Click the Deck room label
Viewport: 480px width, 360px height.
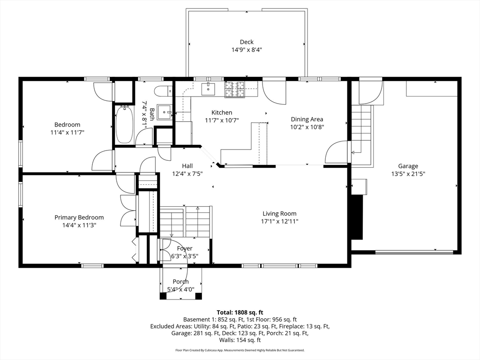pyautogui.click(x=247, y=42)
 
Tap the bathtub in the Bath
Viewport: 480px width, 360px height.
pyautogui.click(x=124, y=124)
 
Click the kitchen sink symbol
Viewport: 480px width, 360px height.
pyautogui.click(x=208, y=88)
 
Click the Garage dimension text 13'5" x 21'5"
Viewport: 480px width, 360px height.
pyautogui.click(x=408, y=174)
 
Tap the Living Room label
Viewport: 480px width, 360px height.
pyautogui.click(x=279, y=214)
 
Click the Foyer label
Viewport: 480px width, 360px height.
pyautogui.click(x=184, y=248)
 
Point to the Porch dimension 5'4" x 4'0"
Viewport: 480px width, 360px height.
pyautogui.click(x=180, y=289)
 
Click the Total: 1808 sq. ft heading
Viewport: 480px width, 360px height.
pyautogui.click(x=240, y=312)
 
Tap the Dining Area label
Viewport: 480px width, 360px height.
pyautogui.click(x=307, y=119)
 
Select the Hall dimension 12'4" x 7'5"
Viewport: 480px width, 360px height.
pyautogui.click(x=187, y=173)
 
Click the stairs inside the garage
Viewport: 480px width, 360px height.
pyautogui.click(x=361, y=129)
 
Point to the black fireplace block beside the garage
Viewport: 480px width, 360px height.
pyautogui.click(x=357, y=217)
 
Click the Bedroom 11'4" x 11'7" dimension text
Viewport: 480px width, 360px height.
pyautogui.click(x=67, y=133)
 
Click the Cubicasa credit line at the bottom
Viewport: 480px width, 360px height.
pyautogui.click(x=240, y=350)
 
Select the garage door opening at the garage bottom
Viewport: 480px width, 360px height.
pyautogui.click(x=414, y=253)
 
